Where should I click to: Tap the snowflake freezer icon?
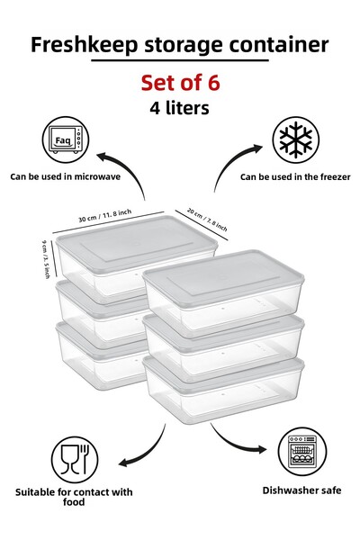pyautogui.click(x=294, y=140)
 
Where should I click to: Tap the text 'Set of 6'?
pyautogui.click(x=180, y=83)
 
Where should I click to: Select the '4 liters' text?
pyautogui.click(x=180, y=107)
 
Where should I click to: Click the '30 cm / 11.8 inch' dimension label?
pyautogui.click(x=104, y=216)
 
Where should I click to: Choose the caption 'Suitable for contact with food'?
pyautogui.click(x=74, y=497)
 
